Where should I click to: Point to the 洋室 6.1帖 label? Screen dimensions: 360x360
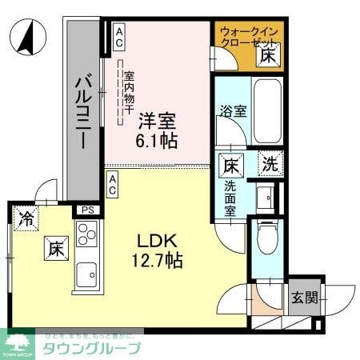(x=157, y=129)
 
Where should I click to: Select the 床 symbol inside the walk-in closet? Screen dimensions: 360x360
(x=268, y=56)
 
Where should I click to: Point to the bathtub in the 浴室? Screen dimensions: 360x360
(x=265, y=112)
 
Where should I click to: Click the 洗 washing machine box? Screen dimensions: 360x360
(x=271, y=166)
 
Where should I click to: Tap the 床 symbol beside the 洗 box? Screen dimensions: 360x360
(x=230, y=166)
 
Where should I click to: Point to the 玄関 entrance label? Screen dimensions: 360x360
(x=303, y=298)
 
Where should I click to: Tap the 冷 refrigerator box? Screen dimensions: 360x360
(x=26, y=217)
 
